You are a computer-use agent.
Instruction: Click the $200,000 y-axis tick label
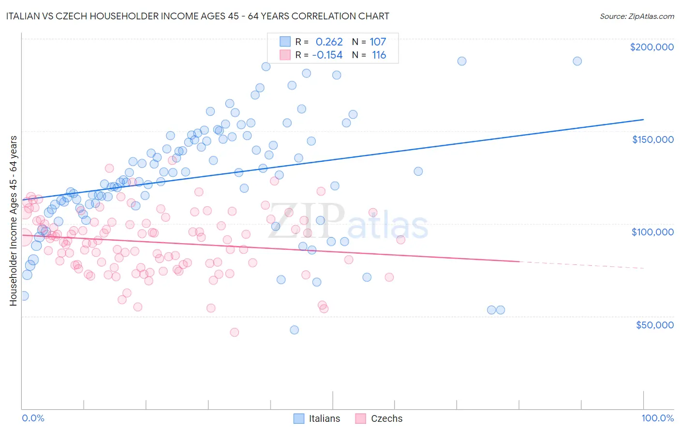pyautogui.click(x=651, y=47)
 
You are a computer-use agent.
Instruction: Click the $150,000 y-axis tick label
pyautogui.click(x=652, y=139)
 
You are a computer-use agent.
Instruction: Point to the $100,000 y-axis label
pyautogui.click(x=652, y=232)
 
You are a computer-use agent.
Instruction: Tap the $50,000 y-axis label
pyautogui.click(x=654, y=324)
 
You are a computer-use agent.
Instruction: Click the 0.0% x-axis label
pyautogui.click(x=33, y=418)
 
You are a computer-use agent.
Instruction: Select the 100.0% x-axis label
pyautogui.click(x=657, y=418)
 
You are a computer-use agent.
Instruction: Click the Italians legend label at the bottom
pyautogui.click(x=325, y=418)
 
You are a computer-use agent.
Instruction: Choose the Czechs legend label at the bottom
pyautogui.click(x=386, y=418)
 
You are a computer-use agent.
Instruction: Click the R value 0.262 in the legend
pyautogui.click(x=329, y=42)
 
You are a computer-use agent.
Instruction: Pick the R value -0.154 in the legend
pyautogui.click(x=327, y=55)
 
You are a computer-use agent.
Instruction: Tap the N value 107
pyautogui.click(x=378, y=42)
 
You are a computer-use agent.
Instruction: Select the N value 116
pyautogui.click(x=379, y=55)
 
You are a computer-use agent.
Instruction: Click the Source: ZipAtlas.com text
pyautogui.click(x=636, y=16)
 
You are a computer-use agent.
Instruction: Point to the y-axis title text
pyautogui.click(x=13, y=220)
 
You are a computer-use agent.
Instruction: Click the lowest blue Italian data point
pyautogui.click(x=294, y=330)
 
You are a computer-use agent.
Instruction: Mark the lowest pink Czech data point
pyautogui.click(x=234, y=332)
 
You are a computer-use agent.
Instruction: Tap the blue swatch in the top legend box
pyautogui.click(x=285, y=42)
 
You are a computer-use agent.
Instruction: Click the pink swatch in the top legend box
pyautogui.click(x=285, y=55)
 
